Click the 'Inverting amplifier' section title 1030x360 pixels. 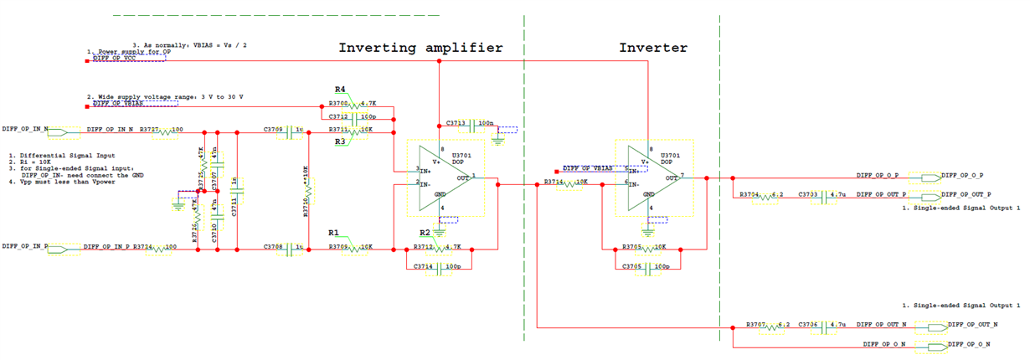[x=420, y=48]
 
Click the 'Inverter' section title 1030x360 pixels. [x=653, y=48]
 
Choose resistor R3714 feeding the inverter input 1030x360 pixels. [x=570, y=183]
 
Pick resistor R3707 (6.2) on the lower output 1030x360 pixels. [x=771, y=325]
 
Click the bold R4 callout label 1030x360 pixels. [x=340, y=89]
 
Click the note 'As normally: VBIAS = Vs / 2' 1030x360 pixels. [x=193, y=44]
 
